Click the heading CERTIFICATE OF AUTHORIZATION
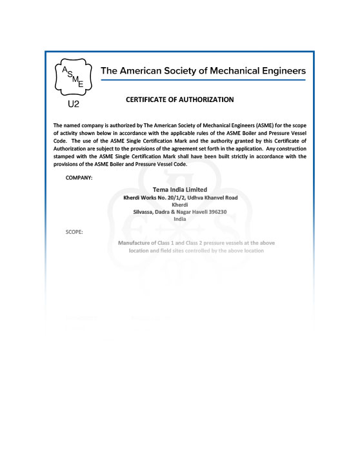(180, 100)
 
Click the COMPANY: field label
(79, 176)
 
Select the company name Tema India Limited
(180, 189)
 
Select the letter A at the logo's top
(65, 68)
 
